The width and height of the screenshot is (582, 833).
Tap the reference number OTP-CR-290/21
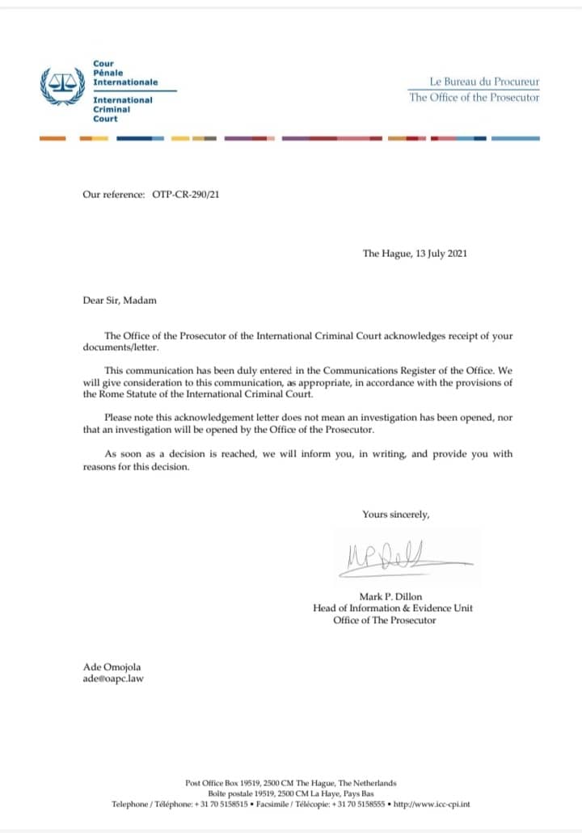[185, 195]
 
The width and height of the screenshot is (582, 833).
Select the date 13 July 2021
[436, 254]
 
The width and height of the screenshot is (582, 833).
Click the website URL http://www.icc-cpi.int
[432, 804]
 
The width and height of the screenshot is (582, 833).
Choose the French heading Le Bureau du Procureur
[484, 82]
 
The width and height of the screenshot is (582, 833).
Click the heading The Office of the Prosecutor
[474, 98]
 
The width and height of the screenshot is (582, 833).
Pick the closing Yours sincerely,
[396, 514]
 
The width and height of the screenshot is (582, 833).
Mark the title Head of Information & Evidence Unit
[393, 608]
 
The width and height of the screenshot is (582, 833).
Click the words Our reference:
[113, 195]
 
